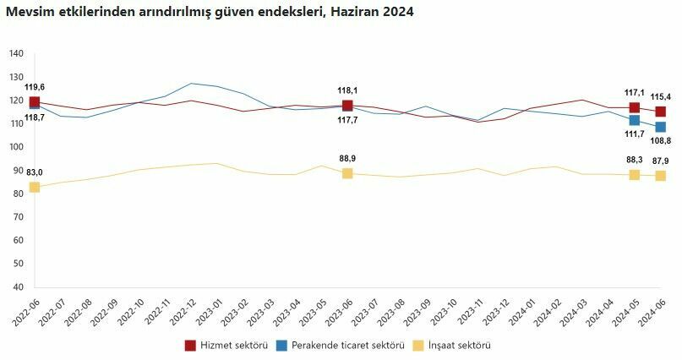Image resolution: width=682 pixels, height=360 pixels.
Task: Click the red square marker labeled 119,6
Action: (x=35, y=102)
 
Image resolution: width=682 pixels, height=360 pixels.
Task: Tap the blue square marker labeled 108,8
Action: (x=660, y=128)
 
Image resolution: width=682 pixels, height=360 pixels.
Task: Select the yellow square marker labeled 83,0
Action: (x=35, y=187)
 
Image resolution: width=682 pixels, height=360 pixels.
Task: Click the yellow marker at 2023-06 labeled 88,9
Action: (x=347, y=173)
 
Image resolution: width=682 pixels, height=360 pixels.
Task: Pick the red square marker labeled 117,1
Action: (x=634, y=107)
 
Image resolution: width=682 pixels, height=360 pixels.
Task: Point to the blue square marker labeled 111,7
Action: (x=634, y=121)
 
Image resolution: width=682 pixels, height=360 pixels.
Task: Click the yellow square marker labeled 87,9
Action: (x=660, y=176)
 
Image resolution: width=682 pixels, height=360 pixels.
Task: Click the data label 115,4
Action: (x=660, y=96)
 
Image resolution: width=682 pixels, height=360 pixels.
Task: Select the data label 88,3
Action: (x=634, y=160)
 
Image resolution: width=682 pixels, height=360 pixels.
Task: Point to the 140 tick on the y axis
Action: (x=16, y=54)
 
